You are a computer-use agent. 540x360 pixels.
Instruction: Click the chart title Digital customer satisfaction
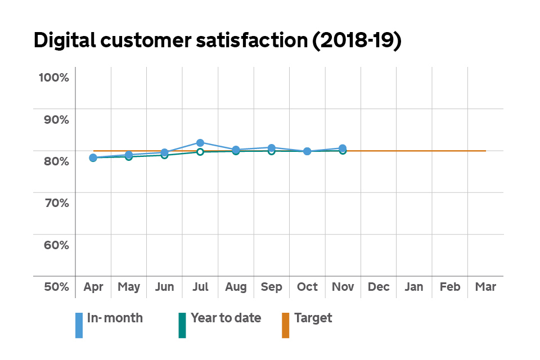217,42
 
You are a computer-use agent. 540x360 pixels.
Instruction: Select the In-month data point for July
200,142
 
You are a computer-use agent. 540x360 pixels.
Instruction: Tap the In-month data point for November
343,148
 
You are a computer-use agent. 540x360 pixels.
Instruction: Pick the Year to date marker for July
200,152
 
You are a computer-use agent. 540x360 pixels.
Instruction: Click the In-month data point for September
271,148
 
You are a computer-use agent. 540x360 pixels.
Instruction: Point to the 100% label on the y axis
53,78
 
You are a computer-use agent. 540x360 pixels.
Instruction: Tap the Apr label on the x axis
93,287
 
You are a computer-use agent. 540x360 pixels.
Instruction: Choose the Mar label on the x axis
485,287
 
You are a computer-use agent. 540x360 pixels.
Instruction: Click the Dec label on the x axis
379,287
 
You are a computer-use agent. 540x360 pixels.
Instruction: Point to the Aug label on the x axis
236,287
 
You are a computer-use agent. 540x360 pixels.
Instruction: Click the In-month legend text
115,318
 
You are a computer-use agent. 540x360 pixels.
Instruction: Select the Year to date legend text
226,318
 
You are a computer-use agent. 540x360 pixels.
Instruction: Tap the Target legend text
313,318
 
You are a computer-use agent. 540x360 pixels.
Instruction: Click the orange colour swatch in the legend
285,325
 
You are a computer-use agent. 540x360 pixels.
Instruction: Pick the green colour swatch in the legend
182,325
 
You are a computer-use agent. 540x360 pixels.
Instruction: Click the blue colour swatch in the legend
79,325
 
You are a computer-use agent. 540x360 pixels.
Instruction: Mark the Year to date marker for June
164,155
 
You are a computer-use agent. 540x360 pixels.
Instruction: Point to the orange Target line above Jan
414,151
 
